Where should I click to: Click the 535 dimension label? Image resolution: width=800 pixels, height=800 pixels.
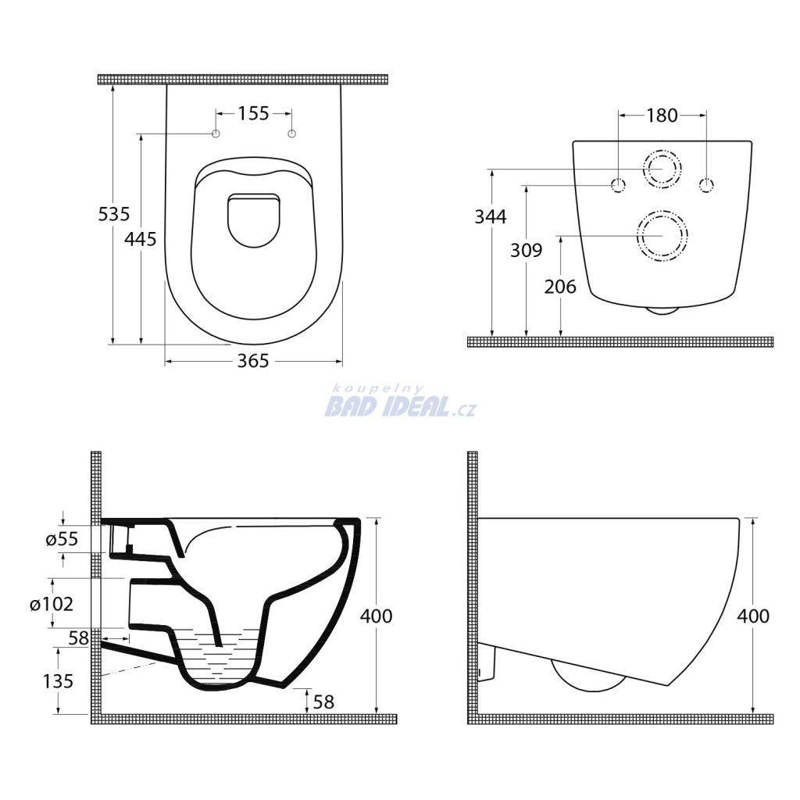tap(114, 214)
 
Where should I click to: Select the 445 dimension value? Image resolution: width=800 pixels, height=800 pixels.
tap(141, 239)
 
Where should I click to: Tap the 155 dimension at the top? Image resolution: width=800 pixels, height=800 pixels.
tap(254, 113)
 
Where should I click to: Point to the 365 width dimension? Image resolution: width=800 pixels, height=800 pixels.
tap(253, 361)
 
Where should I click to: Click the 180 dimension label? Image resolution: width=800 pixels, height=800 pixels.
tap(662, 116)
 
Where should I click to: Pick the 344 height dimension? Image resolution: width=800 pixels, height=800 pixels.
tap(491, 217)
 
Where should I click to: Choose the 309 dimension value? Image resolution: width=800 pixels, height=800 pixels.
tap(526, 250)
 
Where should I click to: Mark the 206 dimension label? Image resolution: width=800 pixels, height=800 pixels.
tap(560, 287)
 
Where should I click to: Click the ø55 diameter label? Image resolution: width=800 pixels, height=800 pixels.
tap(62, 539)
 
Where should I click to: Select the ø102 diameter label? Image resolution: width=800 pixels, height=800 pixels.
tap(52, 605)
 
